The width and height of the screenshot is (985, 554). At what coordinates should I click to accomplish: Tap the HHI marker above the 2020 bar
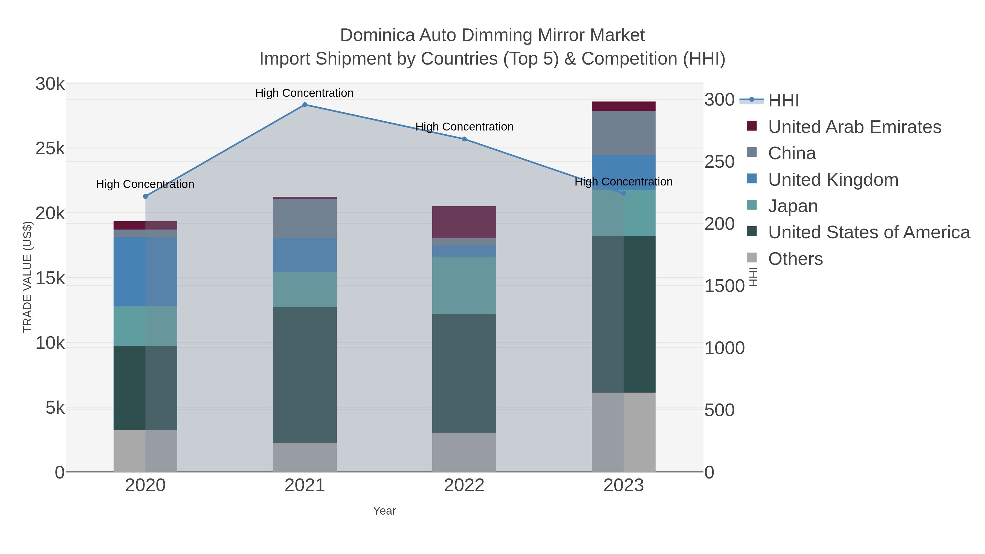tap(145, 196)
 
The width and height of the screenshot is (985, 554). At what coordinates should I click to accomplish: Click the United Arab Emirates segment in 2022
tap(464, 222)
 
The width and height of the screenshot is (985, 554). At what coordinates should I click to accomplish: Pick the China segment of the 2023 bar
tap(623, 133)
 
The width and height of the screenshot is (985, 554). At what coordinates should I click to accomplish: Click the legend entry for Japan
tap(793, 206)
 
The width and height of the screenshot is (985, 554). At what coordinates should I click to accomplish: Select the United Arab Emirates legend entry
tap(854, 127)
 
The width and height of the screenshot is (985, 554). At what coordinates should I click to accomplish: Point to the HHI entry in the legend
tap(783, 101)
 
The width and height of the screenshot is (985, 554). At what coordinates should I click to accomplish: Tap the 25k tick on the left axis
tap(50, 149)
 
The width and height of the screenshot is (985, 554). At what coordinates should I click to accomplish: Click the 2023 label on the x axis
tap(623, 486)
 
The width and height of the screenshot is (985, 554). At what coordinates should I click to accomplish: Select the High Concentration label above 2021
tap(304, 93)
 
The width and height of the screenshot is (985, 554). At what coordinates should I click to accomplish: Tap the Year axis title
tap(384, 511)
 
